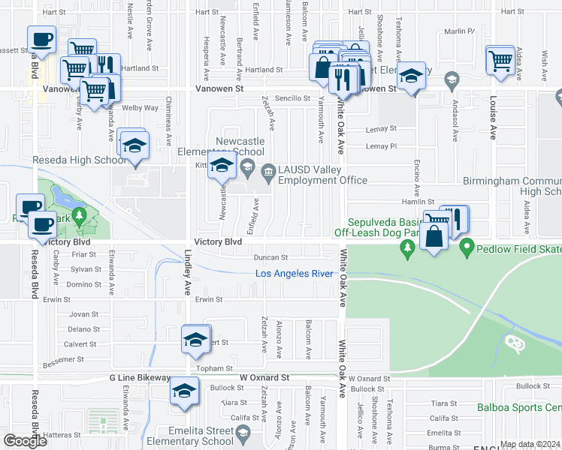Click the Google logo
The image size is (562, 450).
click(x=25, y=440)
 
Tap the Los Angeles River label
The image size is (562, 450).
click(x=295, y=274)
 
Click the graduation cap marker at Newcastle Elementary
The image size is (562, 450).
click(x=222, y=166)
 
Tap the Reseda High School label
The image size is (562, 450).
click(x=79, y=160)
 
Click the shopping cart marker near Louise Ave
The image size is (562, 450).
click(x=500, y=60)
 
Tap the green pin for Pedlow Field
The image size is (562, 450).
click(x=466, y=246)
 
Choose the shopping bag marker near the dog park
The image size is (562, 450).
click(x=435, y=236)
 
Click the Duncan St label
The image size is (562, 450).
click(x=270, y=257)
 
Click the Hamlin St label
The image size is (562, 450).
click(x=421, y=202)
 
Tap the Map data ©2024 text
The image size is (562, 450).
click(x=530, y=444)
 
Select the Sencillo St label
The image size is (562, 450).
click(x=292, y=98)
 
